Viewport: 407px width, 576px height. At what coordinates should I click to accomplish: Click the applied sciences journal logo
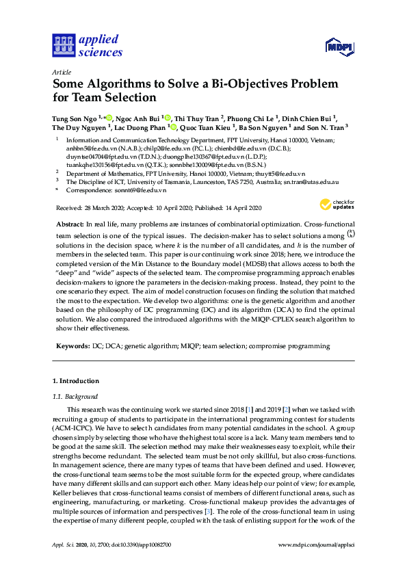(87, 45)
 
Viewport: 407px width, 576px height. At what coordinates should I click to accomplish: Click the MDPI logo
(338, 47)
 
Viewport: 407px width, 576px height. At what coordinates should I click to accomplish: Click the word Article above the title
(61, 70)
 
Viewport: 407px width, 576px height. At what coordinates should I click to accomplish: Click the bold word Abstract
(69, 225)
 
